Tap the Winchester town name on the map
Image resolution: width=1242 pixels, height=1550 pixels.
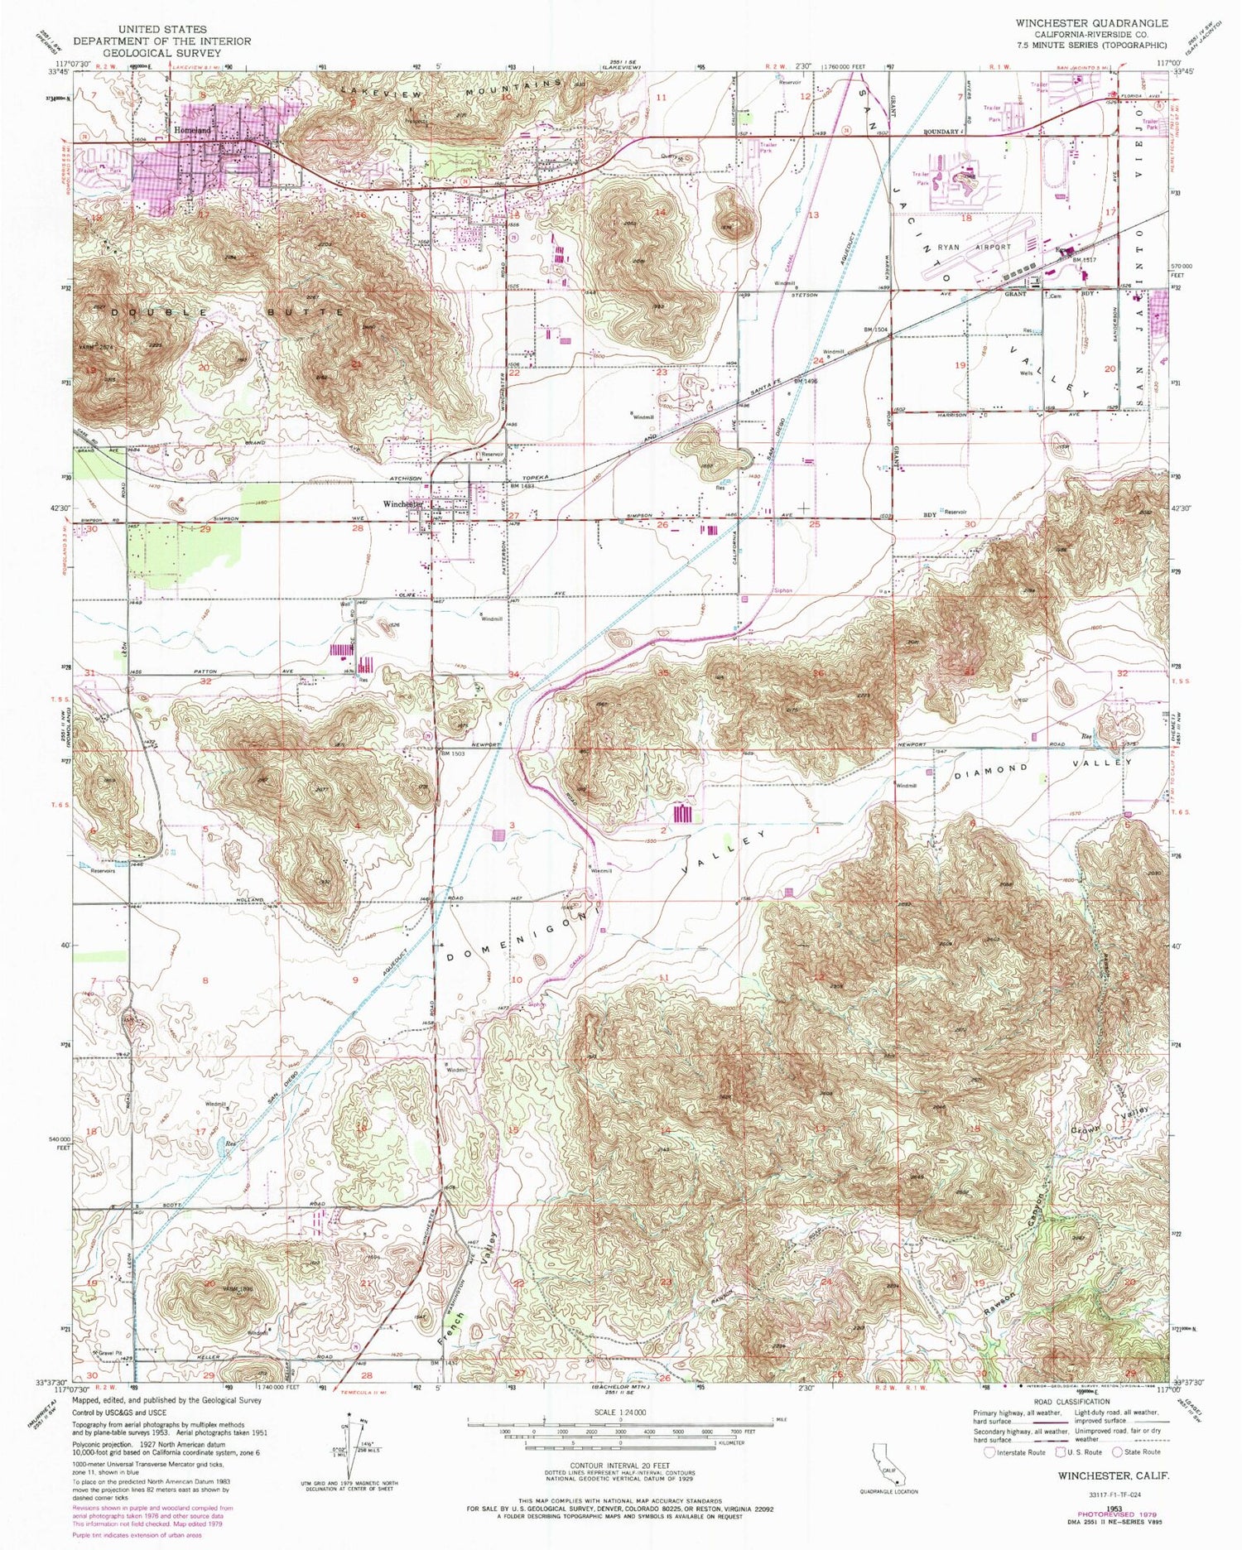pos(402,503)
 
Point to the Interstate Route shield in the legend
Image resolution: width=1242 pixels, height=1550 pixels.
pos(989,1451)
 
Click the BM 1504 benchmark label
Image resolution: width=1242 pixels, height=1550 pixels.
pos(878,330)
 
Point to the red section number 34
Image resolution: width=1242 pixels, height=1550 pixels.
pos(513,675)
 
